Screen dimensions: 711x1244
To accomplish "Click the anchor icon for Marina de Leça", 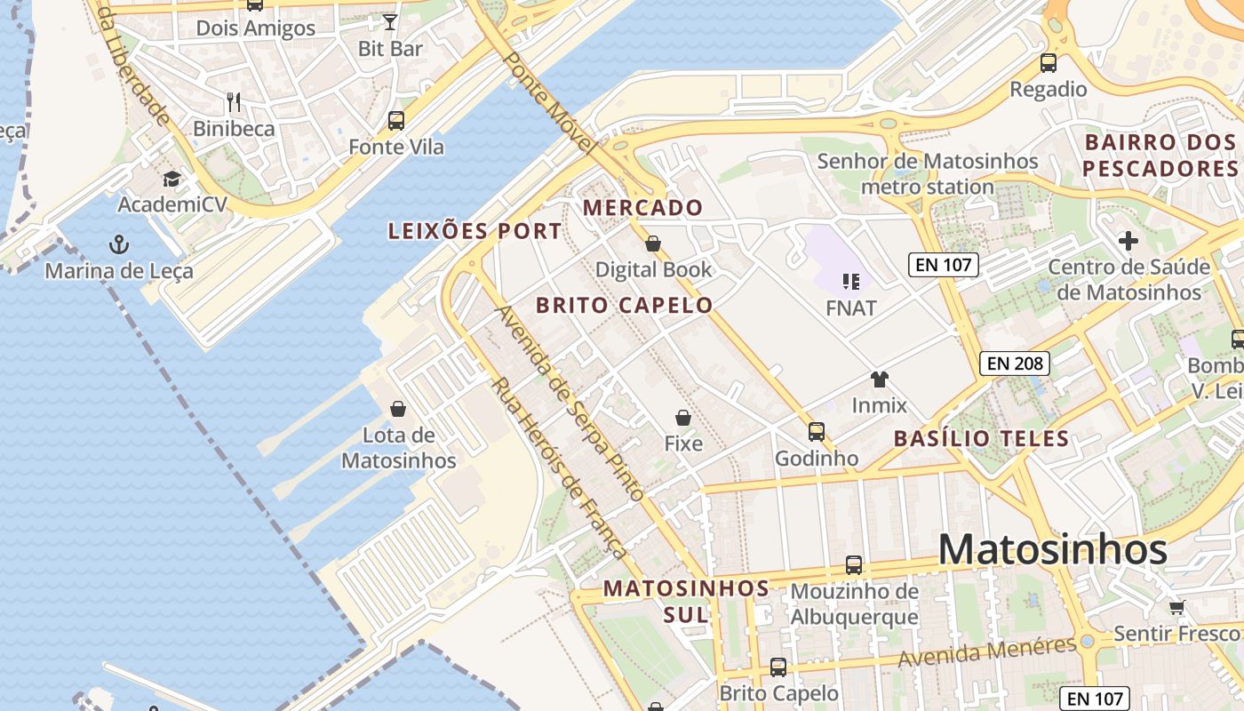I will pos(118,244).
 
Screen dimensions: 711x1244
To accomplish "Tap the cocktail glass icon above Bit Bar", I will pos(390,21).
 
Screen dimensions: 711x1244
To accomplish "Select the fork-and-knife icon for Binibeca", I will pos(234,101).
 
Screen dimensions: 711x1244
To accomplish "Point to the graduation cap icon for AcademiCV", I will pos(171,179).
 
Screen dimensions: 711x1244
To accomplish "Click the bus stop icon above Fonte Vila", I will pos(396,120).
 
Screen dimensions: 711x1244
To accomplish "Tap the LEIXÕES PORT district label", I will pos(475,231).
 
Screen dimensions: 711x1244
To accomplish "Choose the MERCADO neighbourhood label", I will pos(642,208).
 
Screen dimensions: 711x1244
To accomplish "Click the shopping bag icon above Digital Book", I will pos(653,244).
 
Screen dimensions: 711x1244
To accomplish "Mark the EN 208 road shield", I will pos(1015,363).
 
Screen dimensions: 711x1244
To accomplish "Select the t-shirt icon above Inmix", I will pos(880,379).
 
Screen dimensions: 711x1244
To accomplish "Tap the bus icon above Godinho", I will pos(817,432).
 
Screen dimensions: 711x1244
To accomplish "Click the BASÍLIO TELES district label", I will pos(981,438).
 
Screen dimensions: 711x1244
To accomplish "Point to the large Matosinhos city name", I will pos(1052,549).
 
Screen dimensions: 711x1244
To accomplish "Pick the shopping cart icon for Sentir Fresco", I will pos(1177,607).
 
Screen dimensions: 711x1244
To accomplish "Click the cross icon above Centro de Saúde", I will pos(1128,241).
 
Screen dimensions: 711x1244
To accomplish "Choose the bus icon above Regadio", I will pos(1049,63).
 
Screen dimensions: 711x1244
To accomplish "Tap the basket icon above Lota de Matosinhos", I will pos(398,409).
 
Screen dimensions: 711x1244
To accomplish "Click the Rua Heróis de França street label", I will pos(560,468).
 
